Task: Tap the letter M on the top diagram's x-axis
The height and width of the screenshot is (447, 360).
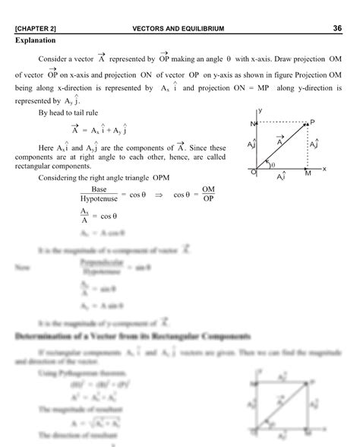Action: (308, 174)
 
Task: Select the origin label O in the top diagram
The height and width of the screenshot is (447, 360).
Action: (253, 173)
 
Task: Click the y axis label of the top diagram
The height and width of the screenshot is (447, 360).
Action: (260, 111)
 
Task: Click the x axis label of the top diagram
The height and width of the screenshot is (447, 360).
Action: (324, 170)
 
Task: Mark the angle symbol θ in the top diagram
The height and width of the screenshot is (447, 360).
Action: (273, 164)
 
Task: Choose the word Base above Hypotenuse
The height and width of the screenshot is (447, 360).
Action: (99, 188)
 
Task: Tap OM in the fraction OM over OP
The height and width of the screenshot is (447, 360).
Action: (209, 188)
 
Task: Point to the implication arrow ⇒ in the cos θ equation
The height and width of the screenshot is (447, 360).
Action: (159, 194)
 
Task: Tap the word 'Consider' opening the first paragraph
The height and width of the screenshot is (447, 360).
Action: (52, 59)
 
